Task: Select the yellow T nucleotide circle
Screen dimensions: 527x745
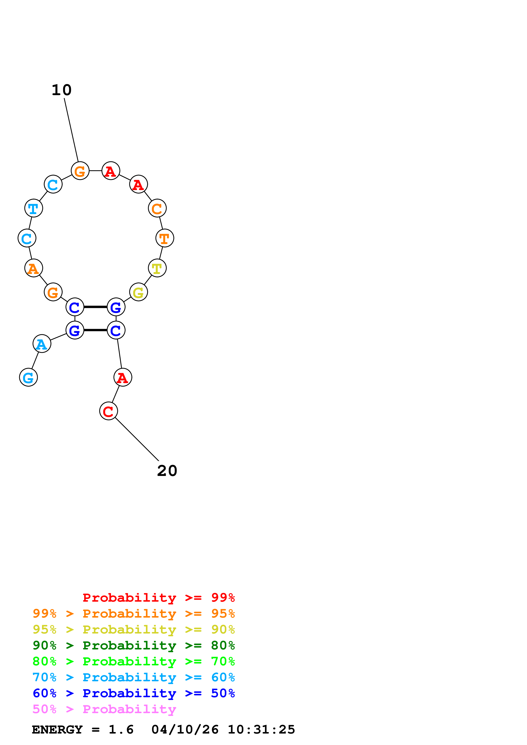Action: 157,268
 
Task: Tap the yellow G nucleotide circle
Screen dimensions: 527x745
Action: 139,292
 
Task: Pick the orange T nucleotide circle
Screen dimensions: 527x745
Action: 165,238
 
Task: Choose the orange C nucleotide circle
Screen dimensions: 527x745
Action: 157,208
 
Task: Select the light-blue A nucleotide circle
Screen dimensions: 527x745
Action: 42,344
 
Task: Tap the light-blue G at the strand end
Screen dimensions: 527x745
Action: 28,377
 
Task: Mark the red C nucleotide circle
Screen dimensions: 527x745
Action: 108,411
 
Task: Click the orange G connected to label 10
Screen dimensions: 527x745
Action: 80,171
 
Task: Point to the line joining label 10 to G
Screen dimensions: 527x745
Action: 71,130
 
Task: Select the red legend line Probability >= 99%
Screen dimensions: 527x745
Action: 159,598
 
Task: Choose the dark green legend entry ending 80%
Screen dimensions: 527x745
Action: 134,645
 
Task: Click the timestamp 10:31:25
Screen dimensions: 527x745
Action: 261,729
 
